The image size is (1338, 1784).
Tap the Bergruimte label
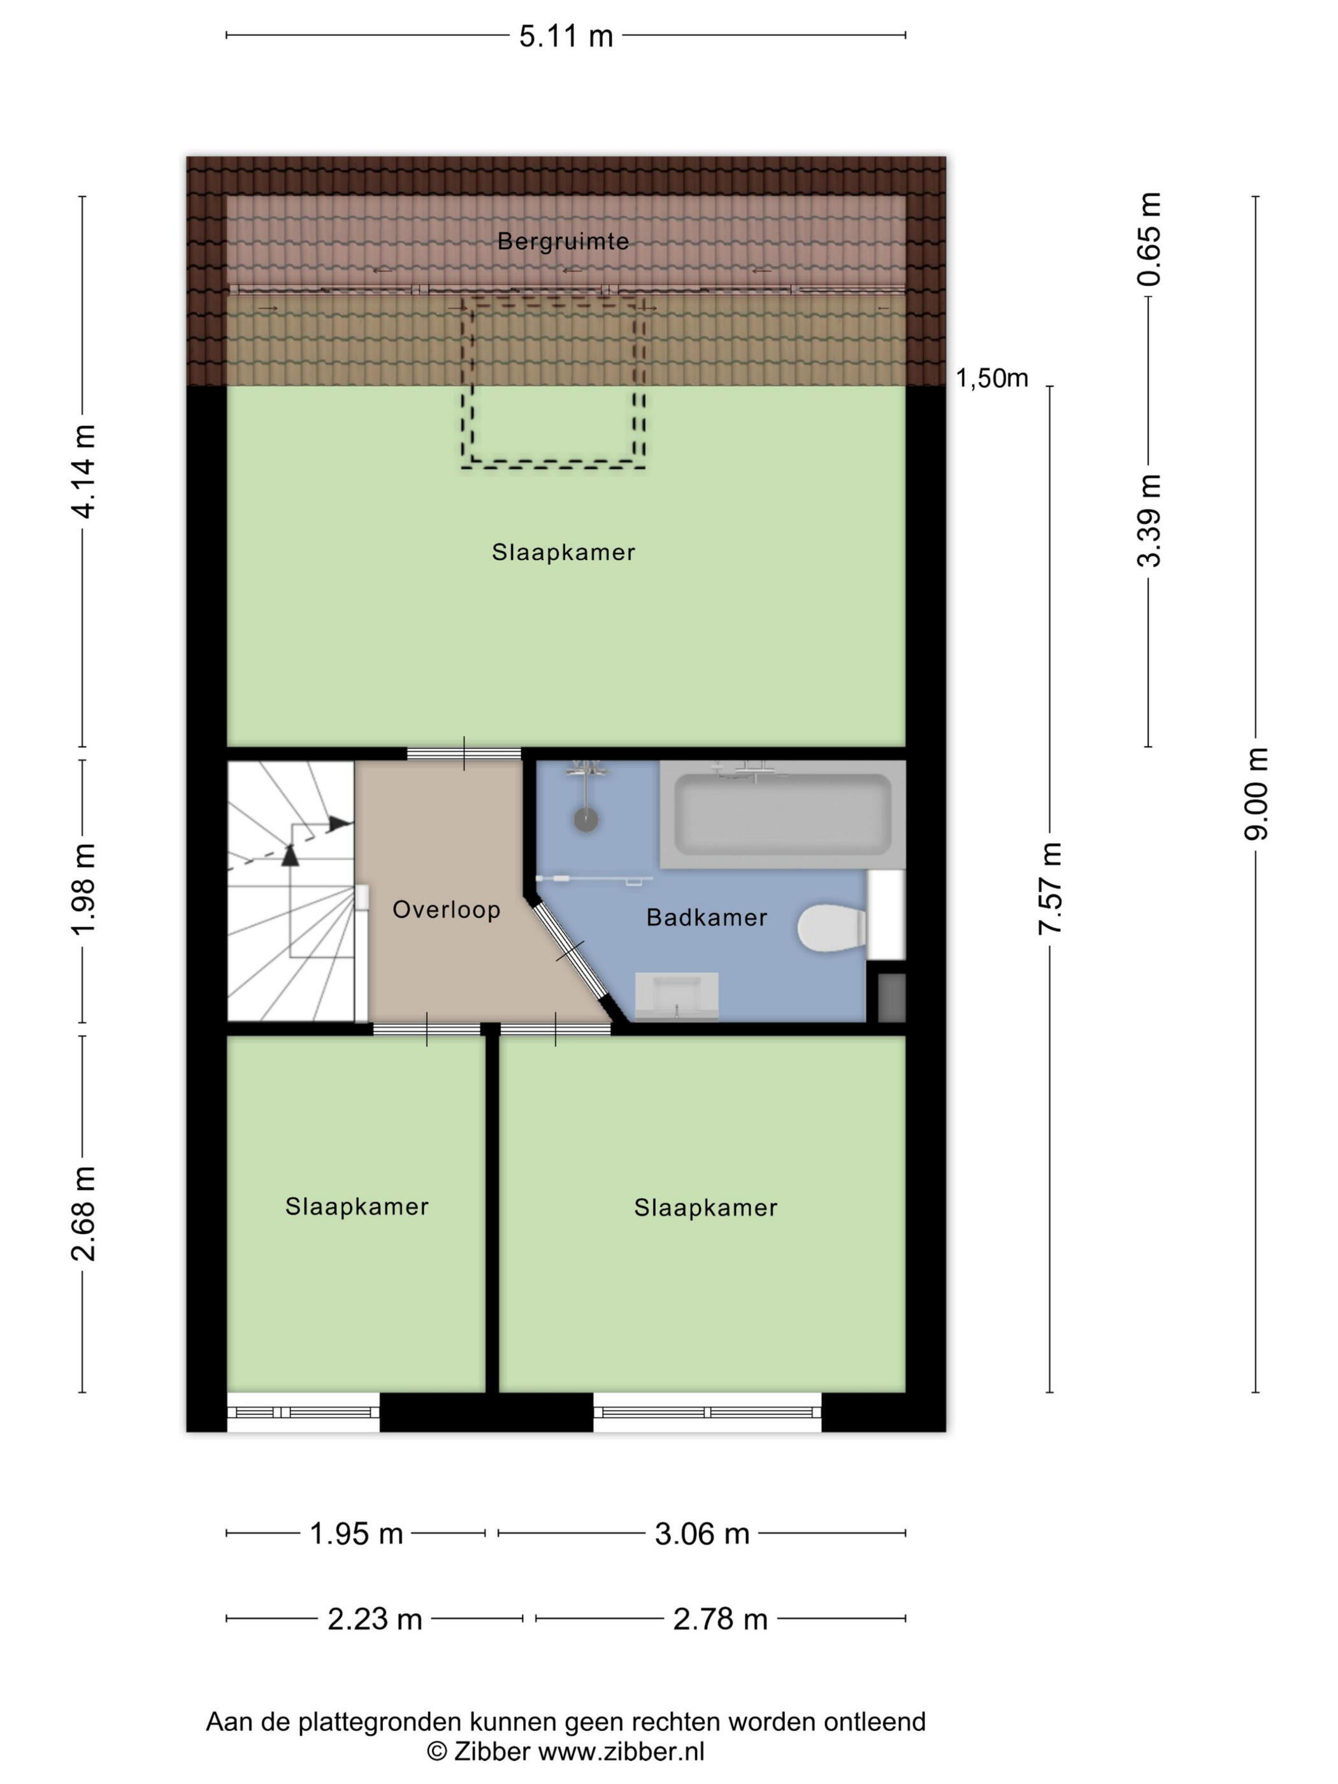pyautogui.click(x=563, y=241)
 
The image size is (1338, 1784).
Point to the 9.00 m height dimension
pyautogui.click(x=1256, y=794)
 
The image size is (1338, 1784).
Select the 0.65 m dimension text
pyautogui.click(x=1149, y=240)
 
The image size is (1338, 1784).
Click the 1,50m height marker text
pyautogui.click(x=992, y=378)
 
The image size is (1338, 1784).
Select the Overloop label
pyautogui.click(x=446, y=910)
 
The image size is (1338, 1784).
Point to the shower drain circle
pyautogui.click(x=586, y=820)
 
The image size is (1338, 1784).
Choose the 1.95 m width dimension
pyautogui.click(x=356, y=1533)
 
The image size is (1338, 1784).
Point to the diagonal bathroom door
pyautogui.click(x=571, y=960)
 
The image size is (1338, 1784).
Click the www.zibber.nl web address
pyautogui.click(x=621, y=1751)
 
